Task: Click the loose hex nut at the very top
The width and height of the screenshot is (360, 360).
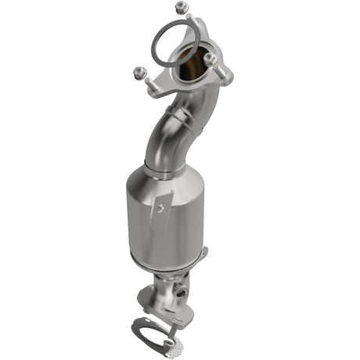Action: click(x=182, y=7)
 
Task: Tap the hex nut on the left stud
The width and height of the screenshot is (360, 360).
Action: click(x=140, y=73)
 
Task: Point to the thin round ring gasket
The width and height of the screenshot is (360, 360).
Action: click(x=175, y=44)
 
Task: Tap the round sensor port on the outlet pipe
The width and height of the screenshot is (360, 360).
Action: click(x=182, y=293)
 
